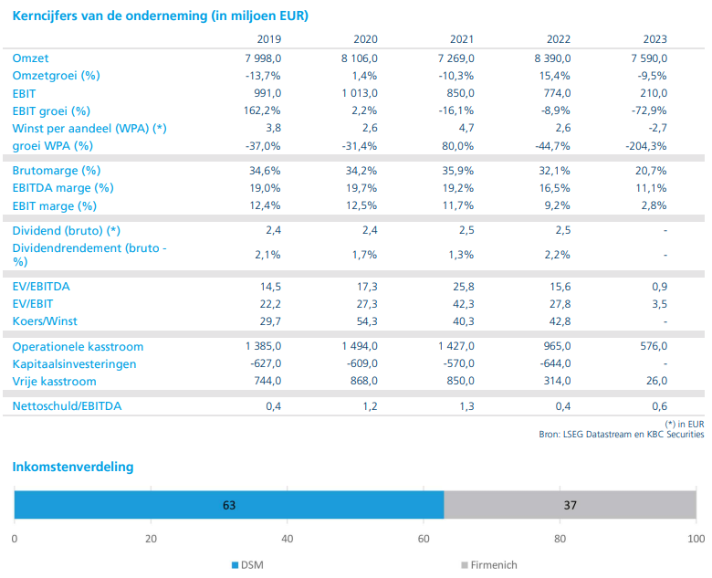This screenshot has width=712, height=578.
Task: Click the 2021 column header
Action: tap(462, 39)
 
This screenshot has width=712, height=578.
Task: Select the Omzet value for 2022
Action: tap(552, 58)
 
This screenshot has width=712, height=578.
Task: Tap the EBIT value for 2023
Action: tap(654, 93)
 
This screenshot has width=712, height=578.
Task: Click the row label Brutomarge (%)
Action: tap(57, 171)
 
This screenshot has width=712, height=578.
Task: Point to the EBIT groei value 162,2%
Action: tap(262, 110)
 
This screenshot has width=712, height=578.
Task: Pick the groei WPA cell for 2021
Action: tap(458, 146)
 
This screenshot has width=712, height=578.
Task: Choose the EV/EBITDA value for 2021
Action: tap(463, 287)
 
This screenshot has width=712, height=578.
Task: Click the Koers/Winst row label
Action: tap(45, 321)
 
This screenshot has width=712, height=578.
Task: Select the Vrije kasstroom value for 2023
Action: tap(656, 381)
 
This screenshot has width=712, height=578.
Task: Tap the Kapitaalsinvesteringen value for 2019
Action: tap(266, 363)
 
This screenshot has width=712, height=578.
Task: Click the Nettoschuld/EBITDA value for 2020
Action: tap(370, 406)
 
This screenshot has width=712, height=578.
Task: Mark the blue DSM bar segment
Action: tap(229, 504)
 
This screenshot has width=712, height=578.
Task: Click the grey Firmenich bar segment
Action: tap(570, 504)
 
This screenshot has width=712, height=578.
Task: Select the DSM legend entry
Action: tap(247, 565)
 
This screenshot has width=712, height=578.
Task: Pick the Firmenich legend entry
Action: tap(489, 565)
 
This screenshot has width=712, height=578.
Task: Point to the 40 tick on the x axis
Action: tap(287, 539)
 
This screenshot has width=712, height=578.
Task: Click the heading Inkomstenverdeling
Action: tap(73, 467)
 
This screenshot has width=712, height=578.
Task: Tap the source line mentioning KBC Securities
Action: tap(622, 435)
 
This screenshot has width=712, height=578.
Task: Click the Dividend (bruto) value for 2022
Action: tap(563, 230)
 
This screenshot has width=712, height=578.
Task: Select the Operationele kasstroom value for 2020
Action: tap(360, 346)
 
